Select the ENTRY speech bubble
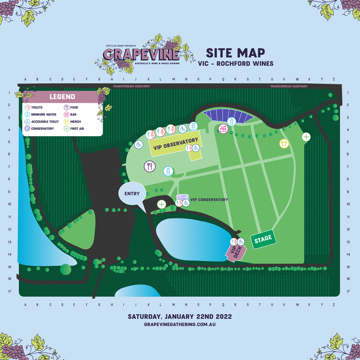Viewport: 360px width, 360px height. coord(132,194)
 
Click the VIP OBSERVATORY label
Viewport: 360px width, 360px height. coord(176,144)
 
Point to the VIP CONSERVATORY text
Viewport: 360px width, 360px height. coord(209,200)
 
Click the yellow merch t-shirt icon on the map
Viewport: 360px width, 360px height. coord(284,144)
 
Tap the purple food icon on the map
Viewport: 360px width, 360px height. coord(150,166)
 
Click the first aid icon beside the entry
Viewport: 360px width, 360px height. coord(162,204)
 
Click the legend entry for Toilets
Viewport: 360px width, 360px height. coord(37,108)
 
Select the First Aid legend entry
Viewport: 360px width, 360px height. coord(77,129)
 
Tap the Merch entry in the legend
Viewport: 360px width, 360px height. coord(75,122)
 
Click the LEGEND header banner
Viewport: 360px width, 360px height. coord(62,97)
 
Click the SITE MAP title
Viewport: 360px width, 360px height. coord(235,53)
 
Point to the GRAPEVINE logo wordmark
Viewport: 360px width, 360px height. coord(141,54)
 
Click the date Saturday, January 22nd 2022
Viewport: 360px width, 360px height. coord(180,316)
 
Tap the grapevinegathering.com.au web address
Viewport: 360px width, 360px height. coord(180,324)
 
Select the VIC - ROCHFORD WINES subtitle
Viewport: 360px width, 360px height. coord(235,63)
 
